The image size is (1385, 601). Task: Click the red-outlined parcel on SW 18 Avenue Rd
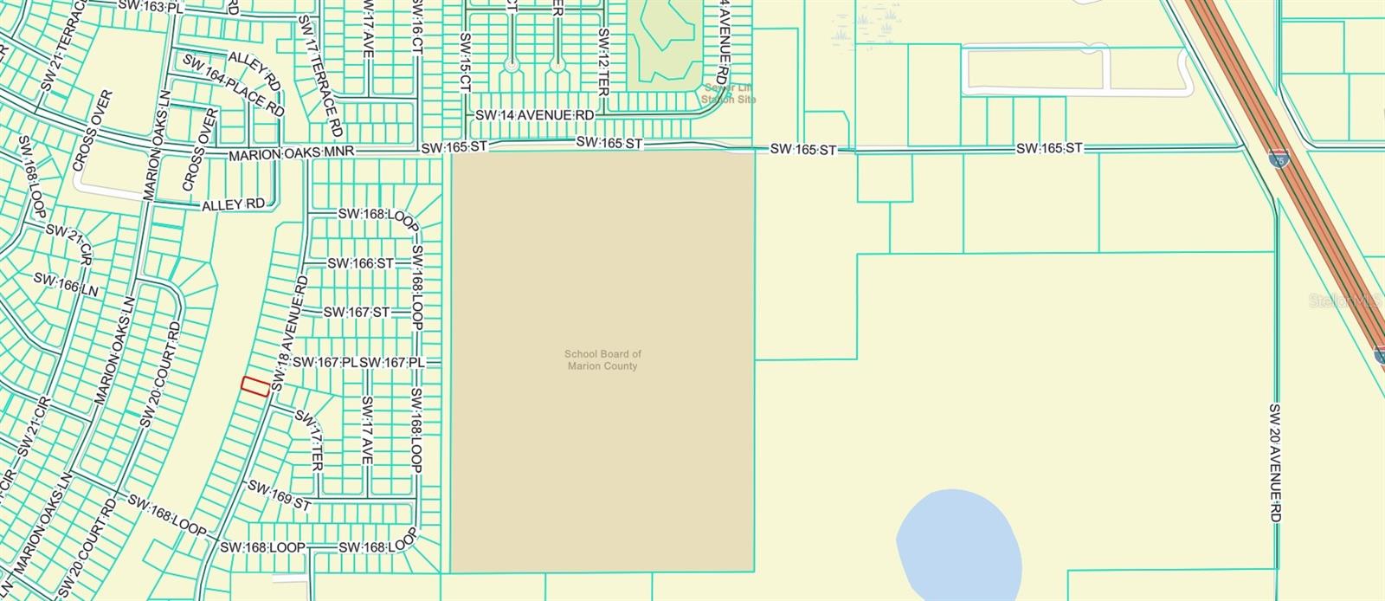coord(254,386)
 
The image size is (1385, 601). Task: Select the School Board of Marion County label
coord(602,360)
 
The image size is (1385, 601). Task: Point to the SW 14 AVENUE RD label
coord(535,115)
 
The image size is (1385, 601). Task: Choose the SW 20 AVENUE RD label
coord(1275,462)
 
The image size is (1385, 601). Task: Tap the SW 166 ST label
coord(360,263)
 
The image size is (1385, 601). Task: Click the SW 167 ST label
coord(358,312)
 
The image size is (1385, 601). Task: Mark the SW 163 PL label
coord(151,7)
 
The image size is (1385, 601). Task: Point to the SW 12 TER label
coord(599,61)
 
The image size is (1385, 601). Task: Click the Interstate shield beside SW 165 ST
coord(1278,158)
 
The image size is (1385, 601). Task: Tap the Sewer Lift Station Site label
coord(729,94)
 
